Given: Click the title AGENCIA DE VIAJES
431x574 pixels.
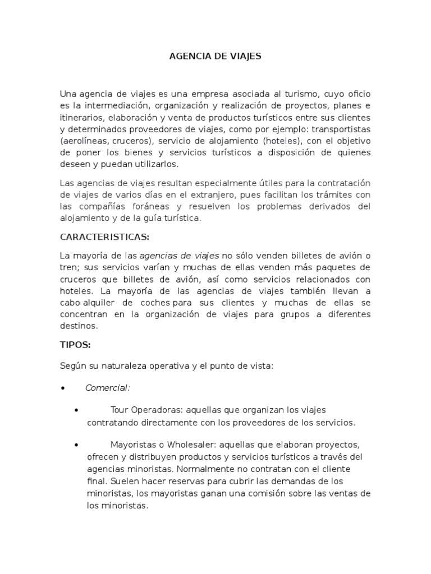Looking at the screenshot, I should click(x=215, y=57).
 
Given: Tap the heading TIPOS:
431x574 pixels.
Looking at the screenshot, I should click(x=75, y=346).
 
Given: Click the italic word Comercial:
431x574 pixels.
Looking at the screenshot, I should click(x=108, y=388).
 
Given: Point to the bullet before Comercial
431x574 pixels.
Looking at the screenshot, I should click(x=63, y=388).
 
